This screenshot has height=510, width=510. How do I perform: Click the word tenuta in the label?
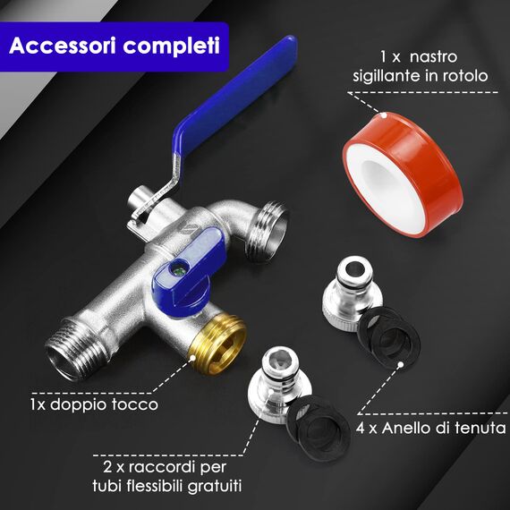476,429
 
